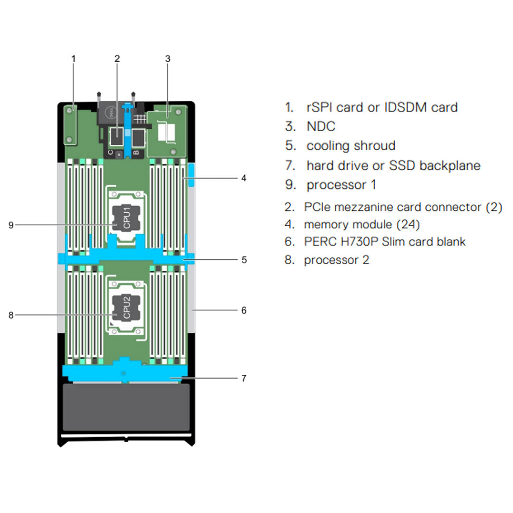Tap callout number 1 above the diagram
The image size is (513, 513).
coord(74,58)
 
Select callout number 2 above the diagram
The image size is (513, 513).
coord(117,58)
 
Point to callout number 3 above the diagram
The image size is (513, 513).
coord(167,58)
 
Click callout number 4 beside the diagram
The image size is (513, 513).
coord(243,179)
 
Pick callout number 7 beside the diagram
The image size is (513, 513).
coord(243,378)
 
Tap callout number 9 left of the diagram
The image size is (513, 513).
coord(11,225)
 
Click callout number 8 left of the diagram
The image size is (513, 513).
coord(11,314)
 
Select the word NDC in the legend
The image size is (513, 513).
coord(321,126)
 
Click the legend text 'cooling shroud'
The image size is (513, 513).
coord(351,145)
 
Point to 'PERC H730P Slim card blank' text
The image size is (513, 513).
coord(384,241)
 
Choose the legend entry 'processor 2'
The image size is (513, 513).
coord(336,260)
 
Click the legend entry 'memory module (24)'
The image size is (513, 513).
coord(361,224)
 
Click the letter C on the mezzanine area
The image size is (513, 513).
coord(110,152)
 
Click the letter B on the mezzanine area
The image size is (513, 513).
coord(136,152)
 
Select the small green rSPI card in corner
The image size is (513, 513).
coord(70,124)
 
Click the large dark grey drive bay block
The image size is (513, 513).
coord(126,407)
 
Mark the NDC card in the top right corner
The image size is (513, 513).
coord(167,131)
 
